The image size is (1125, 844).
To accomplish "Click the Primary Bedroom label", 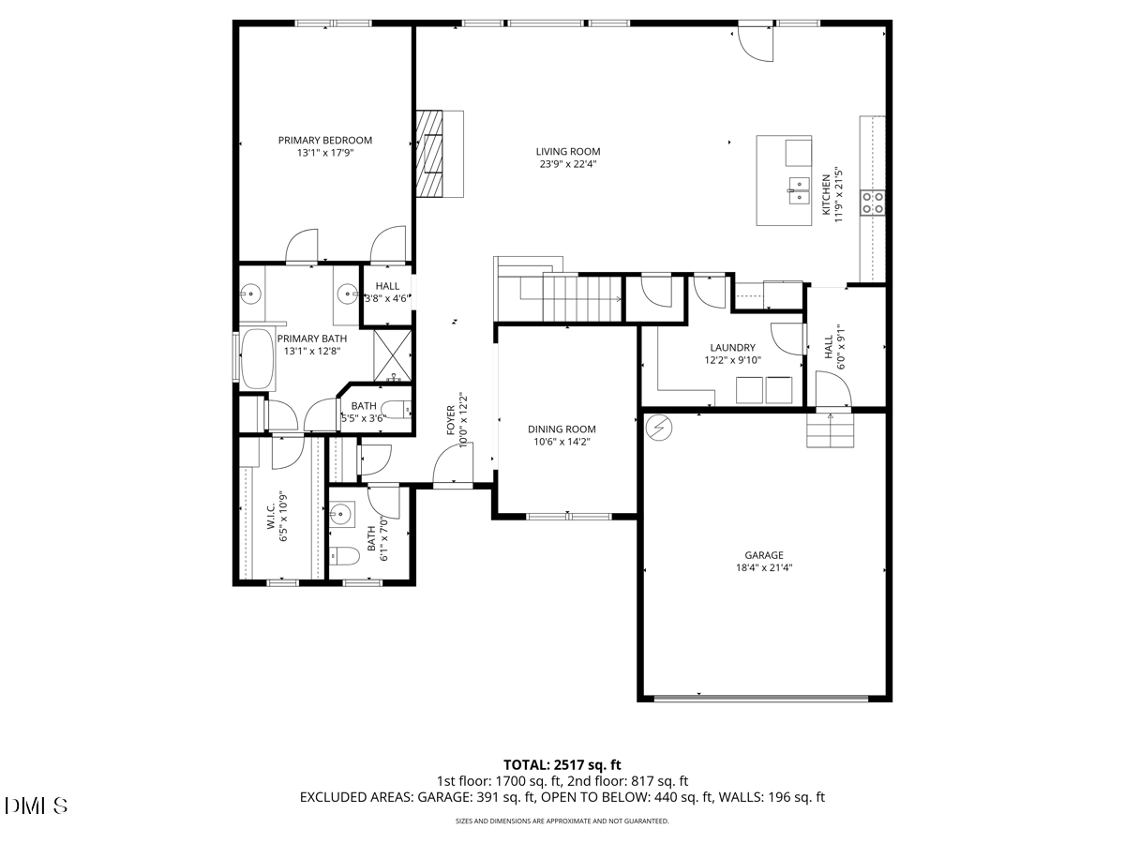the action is click(325, 140).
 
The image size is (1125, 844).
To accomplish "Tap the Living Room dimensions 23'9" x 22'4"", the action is click(568, 164).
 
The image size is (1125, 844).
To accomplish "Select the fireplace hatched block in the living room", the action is click(429, 153).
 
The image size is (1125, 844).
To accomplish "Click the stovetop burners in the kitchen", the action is click(872, 202).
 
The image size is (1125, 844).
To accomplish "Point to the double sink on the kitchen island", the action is click(799, 190).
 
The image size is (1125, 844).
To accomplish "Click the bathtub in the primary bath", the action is click(257, 359).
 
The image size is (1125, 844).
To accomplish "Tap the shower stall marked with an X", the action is click(393, 355).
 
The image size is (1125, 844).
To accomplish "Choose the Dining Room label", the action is click(562, 429).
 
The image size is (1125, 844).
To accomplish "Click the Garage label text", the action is click(764, 554).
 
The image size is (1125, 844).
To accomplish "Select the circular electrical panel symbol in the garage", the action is click(659, 428).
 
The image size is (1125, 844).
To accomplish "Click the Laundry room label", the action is click(732, 347).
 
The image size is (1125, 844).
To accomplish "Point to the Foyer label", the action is click(451, 420).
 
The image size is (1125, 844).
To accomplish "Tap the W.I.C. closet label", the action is click(271, 515).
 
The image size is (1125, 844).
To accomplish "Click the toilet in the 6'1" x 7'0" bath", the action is click(344, 555).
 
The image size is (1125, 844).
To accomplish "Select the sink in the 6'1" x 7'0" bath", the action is click(341, 513).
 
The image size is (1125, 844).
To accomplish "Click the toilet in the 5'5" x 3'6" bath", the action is click(397, 410).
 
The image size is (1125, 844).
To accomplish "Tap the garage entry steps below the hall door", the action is click(831, 430).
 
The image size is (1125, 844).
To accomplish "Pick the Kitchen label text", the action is click(826, 195).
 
